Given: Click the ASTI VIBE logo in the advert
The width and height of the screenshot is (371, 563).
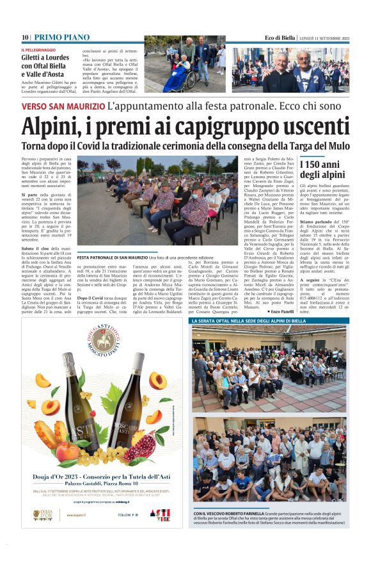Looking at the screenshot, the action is tap(160, 514).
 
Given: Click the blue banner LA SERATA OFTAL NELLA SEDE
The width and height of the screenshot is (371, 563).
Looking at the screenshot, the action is tap(251, 320).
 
